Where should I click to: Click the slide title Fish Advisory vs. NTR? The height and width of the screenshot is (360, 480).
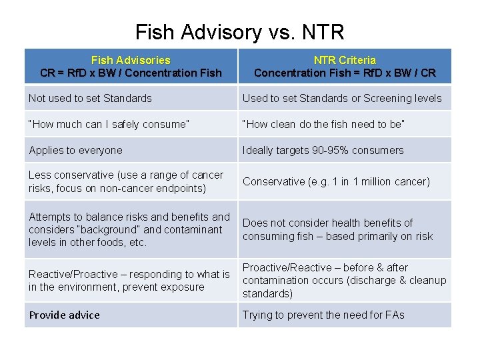tap(239, 31)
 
